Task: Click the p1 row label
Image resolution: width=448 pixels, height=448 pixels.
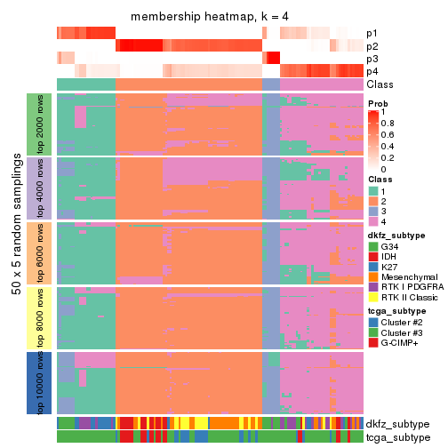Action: click(x=372, y=34)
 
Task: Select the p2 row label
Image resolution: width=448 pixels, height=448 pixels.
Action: click(x=372, y=46)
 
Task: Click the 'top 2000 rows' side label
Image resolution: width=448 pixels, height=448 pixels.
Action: click(x=40, y=124)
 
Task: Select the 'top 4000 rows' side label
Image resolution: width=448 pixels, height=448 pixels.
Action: click(x=40, y=188)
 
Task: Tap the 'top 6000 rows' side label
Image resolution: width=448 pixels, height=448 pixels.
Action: click(x=40, y=252)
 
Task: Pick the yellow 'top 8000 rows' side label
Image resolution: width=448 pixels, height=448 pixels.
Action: click(x=40, y=317)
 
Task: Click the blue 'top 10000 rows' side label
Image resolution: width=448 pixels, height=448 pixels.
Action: click(x=40, y=382)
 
